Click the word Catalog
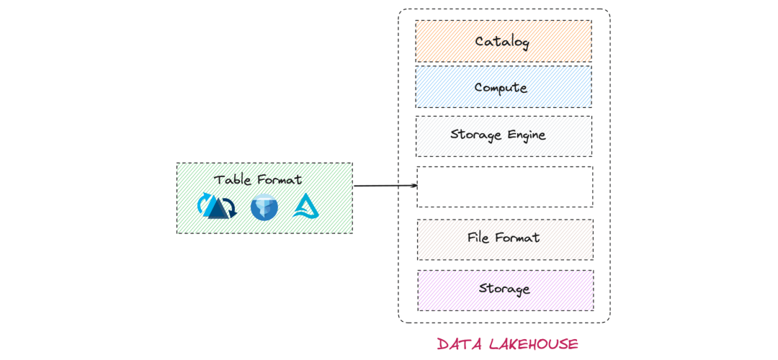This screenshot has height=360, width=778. click(x=503, y=41)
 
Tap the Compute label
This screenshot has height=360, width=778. click(x=501, y=87)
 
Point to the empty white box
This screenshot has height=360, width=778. click(x=504, y=186)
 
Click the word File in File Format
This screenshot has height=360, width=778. click(x=479, y=238)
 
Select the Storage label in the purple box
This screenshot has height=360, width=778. click(x=504, y=289)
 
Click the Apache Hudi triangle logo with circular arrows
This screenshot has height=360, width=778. click(x=217, y=206)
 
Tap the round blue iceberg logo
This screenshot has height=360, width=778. click(x=264, y=207)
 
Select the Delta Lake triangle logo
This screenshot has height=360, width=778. click(x=306, y=207)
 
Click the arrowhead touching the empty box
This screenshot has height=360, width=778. click(x=414, y=186)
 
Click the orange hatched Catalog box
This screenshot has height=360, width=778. click(x=504, y=41)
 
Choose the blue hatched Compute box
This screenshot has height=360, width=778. click(x=504, y=87)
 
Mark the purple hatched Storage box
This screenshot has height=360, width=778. click(x=506, y=291)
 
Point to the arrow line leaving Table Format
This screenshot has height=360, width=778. click(x=385, y=186)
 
